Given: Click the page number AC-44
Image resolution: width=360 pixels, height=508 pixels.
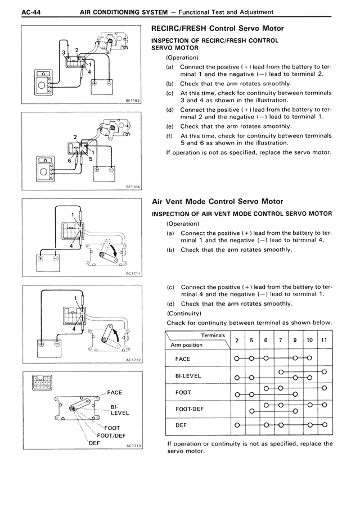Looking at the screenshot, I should coord(17,12).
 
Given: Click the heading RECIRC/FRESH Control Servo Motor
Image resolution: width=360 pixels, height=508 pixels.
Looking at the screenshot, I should coord(218,28).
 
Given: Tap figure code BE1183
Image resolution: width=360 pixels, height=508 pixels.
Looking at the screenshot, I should coord(132,101).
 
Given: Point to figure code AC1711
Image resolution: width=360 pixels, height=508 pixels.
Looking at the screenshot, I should coord(132,274).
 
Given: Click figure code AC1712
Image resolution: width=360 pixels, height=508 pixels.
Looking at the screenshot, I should coord(132,360).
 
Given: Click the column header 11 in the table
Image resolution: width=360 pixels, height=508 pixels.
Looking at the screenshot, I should coord(324,341).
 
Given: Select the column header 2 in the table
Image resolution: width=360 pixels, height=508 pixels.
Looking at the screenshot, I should coord(237,341).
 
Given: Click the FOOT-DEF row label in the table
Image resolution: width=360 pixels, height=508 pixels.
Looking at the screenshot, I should coord(190,409).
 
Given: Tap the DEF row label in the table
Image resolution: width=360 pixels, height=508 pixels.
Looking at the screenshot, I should coord(181,425).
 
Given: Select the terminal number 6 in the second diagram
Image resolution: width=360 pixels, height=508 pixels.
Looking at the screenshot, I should coord(70,160).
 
